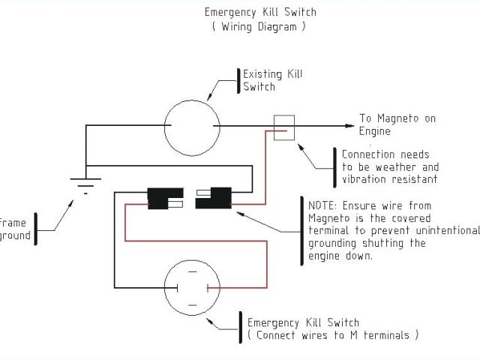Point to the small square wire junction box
284,127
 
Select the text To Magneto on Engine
397,124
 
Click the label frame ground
15,229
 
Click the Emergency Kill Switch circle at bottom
191,287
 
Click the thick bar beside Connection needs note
334,166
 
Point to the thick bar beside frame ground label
36,229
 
